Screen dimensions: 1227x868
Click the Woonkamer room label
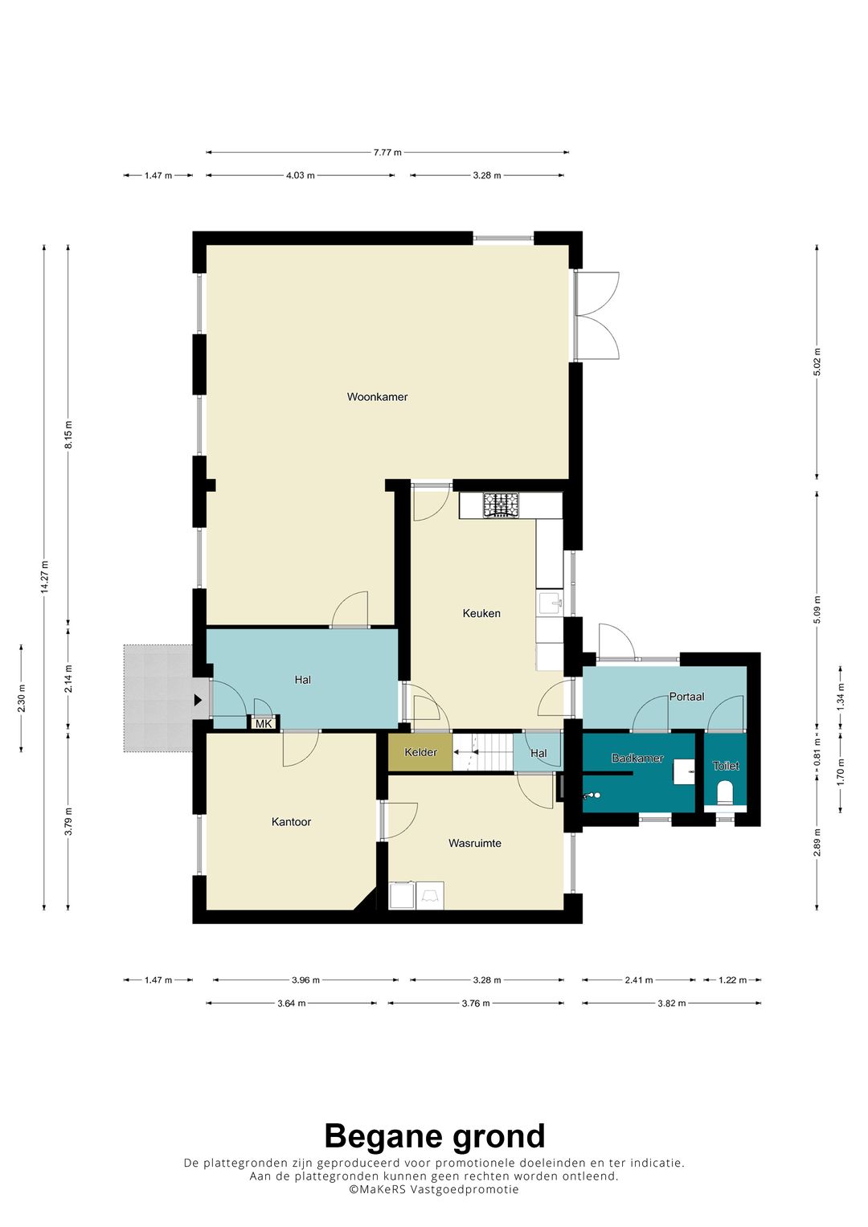(377, 397)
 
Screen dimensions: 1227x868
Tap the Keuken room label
(481, 613)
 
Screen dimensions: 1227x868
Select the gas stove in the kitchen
(501, 505)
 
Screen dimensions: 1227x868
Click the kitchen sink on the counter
(550, 603)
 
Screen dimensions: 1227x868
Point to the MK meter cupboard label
(264, 724)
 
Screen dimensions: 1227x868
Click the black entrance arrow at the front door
(198, 701)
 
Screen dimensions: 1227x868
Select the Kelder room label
(420, 753)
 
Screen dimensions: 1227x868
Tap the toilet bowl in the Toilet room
(725, 792)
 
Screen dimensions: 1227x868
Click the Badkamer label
(637, 759)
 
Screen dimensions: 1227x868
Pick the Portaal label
(686, 697)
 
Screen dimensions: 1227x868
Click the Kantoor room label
(291, 822)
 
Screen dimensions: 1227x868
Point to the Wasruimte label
(475, 844)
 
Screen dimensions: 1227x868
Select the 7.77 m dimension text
(387, 152)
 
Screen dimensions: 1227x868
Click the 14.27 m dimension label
(45, 577)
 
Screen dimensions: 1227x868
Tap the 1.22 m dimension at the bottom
(731, 980)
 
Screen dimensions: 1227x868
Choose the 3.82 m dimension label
(672, 1004)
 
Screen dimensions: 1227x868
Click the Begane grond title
(434, 1137)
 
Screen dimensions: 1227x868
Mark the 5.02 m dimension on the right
(817, 362)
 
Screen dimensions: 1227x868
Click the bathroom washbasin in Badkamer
(684, 771)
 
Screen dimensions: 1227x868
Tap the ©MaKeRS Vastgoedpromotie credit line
(434, 1190)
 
